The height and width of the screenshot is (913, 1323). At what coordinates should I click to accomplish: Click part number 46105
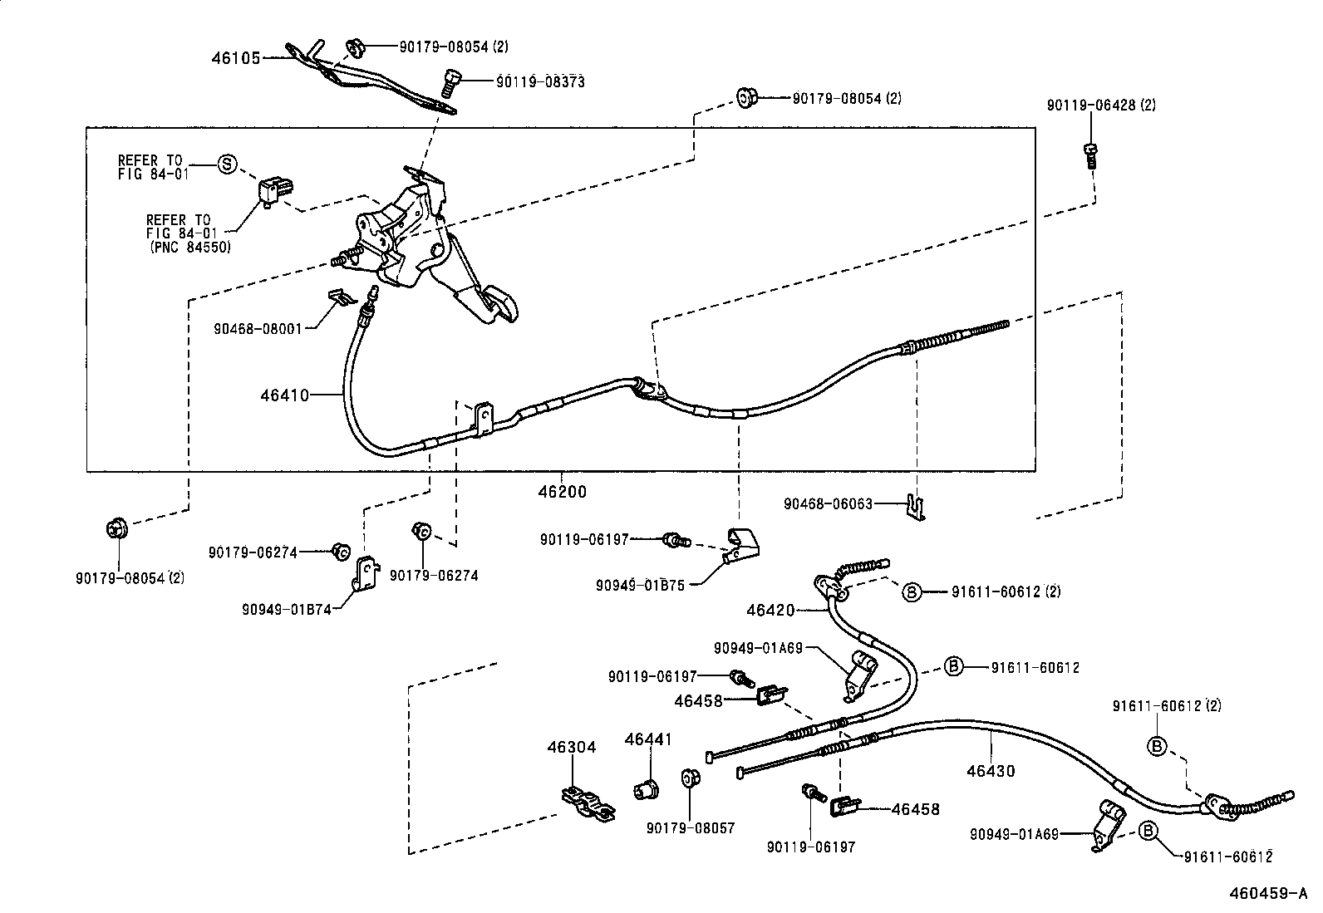235,58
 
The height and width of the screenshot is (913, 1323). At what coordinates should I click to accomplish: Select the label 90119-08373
540,81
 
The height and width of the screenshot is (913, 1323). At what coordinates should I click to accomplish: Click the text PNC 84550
191,248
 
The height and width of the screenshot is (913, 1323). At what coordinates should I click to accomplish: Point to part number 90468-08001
263,327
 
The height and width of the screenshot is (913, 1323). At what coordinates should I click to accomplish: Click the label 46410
284,395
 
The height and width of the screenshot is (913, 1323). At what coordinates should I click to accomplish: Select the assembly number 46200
562,491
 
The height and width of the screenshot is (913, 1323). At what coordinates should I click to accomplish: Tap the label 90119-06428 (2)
1101,106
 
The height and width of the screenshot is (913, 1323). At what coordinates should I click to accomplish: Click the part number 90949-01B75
640,585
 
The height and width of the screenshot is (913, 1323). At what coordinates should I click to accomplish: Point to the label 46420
770,611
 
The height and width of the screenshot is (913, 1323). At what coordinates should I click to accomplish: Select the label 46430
991,771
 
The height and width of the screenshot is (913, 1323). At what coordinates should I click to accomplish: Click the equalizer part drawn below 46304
588,803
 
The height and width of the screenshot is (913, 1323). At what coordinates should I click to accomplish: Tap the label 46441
648,739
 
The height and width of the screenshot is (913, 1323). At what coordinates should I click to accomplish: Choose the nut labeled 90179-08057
689,779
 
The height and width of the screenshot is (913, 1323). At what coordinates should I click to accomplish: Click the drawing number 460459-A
1273,895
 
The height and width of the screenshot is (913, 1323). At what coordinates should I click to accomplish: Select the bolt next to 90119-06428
1090,155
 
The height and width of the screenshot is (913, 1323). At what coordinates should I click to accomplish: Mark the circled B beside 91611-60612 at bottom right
1148,830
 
